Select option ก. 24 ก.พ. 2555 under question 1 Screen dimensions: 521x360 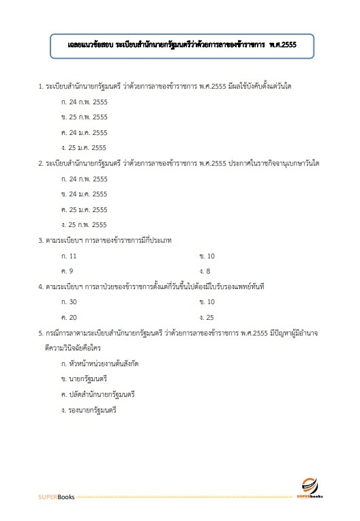click(84, 102)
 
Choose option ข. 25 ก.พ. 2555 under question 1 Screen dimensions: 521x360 click(84, 117)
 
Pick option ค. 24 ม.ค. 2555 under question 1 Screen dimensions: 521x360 click(84, 132)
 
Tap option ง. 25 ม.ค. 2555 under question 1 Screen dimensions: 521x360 click(84, 147)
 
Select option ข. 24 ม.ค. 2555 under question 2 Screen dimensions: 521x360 click(84, 194)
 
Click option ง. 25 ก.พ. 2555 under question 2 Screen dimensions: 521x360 click(84, 225)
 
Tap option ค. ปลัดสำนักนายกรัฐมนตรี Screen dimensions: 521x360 click(98, 395)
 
